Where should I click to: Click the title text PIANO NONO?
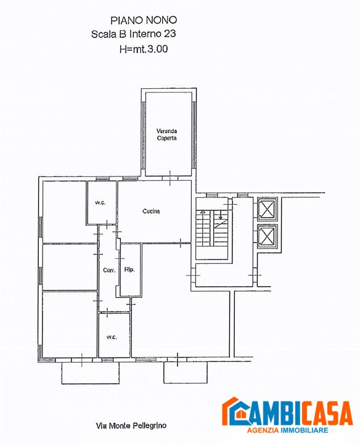click(x=144, y=20)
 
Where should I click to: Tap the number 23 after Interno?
click(x=170, y=34)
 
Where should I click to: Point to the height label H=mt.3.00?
click(x=144, y=49)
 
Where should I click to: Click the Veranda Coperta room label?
click(x=166, y=134)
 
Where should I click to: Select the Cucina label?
click(x=151, y=211)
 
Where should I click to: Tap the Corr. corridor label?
click(x=109, y=270)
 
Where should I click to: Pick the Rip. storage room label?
click(x=129, y=269)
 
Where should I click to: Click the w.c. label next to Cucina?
click(x=100, y=203)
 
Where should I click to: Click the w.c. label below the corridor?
click(x=112, y=337)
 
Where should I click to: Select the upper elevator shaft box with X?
click(x=267, y=209)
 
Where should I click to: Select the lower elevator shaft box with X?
click(x=267, y=236)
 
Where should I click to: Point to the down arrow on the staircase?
click(x=221, y=215)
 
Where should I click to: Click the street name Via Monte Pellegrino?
click(x=131, y=425)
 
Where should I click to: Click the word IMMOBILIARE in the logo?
click(x=305, y=430)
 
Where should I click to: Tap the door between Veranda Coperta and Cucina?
click(x=170, y=178)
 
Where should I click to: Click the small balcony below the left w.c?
click(x=91, y=373)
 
